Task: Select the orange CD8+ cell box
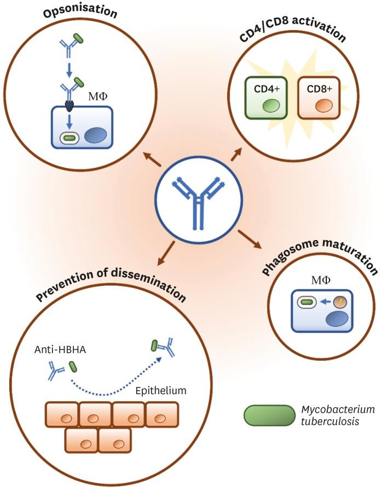click(319, 98)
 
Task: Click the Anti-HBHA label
click(51, 349)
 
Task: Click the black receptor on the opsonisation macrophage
click(70, 104)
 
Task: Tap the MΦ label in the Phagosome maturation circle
click(320, 280)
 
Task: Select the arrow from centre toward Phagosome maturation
click(248, 238)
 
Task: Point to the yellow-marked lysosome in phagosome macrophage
click(339, 301)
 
